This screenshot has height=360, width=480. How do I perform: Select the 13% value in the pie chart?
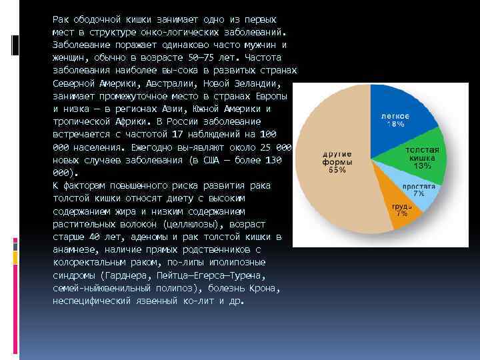click(421, 166)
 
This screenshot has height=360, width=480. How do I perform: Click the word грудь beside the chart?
click(401, 206)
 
